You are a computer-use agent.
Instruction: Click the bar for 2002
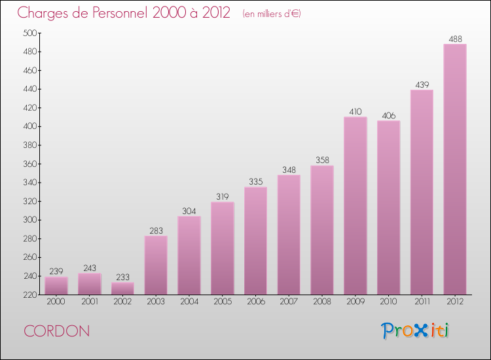coord(122,288)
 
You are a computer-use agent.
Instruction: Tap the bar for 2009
coord(355,206)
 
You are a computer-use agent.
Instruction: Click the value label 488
coord(455,39)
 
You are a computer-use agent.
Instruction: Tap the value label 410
coord(355,112)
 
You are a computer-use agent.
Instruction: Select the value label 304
coord(189,211)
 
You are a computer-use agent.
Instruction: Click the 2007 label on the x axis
coord(289,302)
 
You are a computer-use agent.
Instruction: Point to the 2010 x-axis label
coord(388,302)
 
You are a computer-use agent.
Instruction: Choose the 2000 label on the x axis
coord(56,302)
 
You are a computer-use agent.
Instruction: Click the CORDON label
coord(57,331)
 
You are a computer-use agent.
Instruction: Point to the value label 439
coord(422,84)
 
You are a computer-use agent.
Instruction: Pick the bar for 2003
coord(156,265)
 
